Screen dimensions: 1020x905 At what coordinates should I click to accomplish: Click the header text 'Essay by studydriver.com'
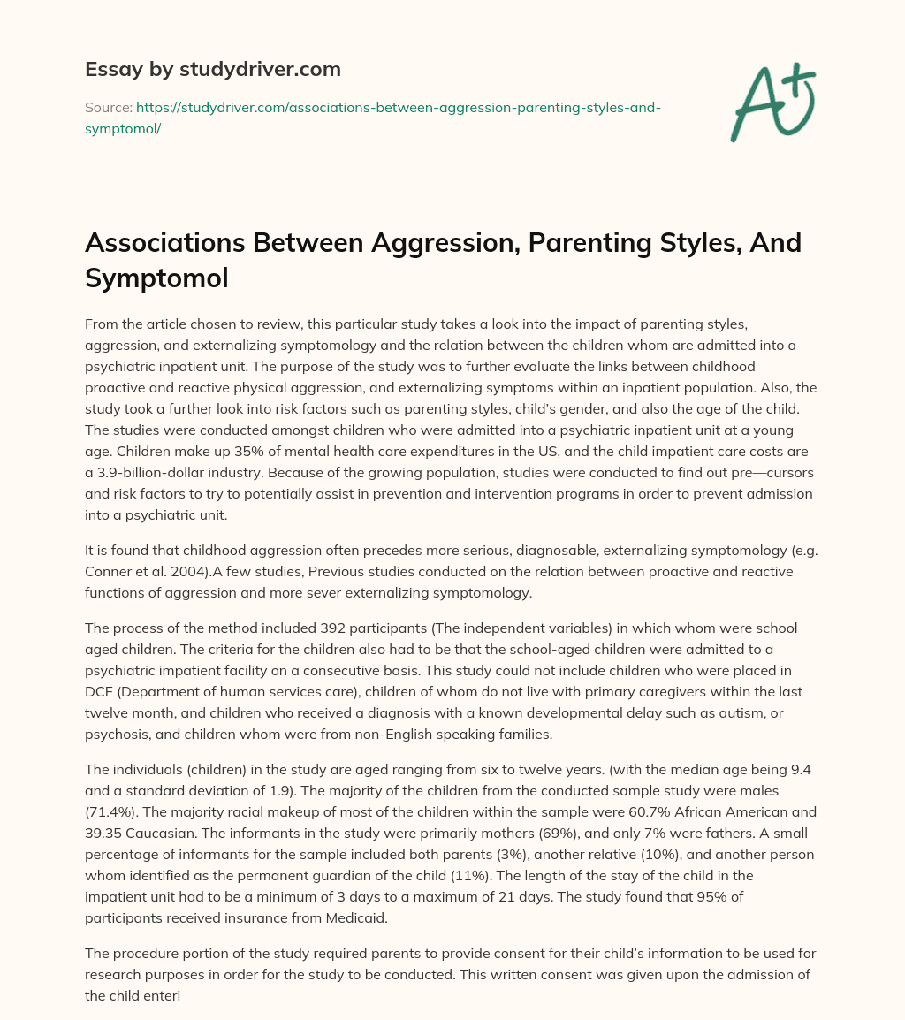coord(213,68)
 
